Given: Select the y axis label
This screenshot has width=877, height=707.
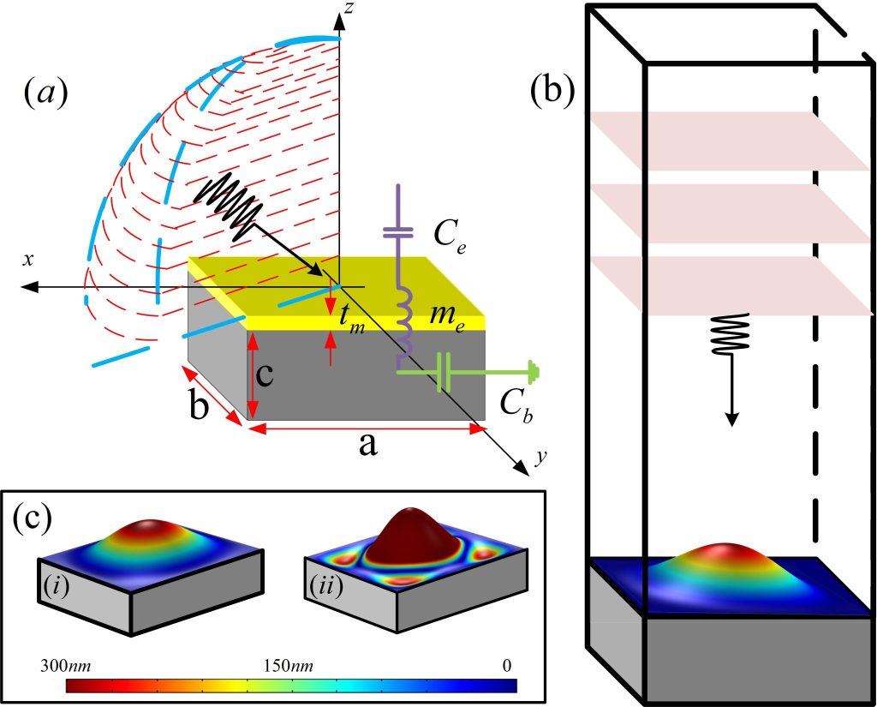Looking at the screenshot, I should pyautogui.click(x=540, y=458).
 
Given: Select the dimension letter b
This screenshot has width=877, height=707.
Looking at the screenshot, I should pyautogui.click(x=199, y=409).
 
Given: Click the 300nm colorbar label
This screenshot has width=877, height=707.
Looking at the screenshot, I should pyautogui.click(x=63, y=666).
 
